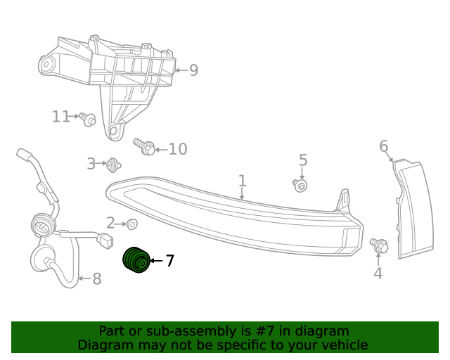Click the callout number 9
pyautogui.click(x=193, y=70)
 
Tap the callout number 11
pyautogui.click(x=61, y=116)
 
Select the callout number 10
pyautogui.click(x=177, y=149)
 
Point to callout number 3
pyautogui.click(x=91, y=164)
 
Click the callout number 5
pyautogui.click(x=303, y=160)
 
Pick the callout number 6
pyautogui.click(x=383, y=146)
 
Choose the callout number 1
pyautogui.click(x=242, y=181)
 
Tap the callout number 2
pyautogui.click(x=110, y=223)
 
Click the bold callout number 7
pyautogui.click(x=169, y=261)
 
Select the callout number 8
pyautogui.click(x=96, y=279)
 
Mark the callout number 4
pyautogui.click(x=378, y=273)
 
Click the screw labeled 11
pyautogui.click(x=88, y=119)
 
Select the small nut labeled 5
pyautogui.click(x=300, y=186)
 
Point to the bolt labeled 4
pyautogui.click(x=379, y=245)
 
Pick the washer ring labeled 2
pyautogui.click(x=131, y=224)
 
